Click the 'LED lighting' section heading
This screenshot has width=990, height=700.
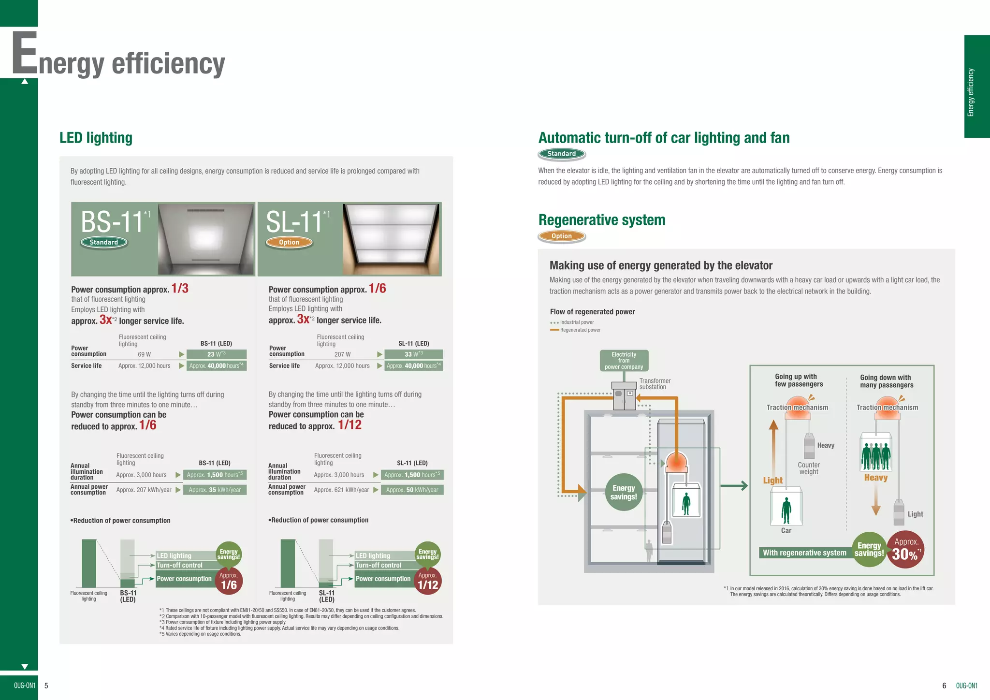96,138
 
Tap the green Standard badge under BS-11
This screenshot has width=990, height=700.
103,242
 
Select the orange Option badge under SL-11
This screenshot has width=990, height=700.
289,242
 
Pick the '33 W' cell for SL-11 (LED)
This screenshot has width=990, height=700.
413,354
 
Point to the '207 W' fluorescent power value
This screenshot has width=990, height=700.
342,354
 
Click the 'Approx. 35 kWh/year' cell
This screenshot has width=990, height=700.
215,490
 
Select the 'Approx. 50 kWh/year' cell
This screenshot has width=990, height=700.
412,490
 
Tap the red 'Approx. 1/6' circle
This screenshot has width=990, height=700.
229,581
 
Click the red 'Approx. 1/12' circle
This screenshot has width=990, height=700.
427,581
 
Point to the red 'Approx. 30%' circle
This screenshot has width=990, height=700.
905,550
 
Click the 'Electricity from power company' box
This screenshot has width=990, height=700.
624,361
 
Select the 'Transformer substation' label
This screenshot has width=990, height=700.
655,384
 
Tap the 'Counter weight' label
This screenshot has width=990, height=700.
809,468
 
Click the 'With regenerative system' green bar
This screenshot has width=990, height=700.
804,553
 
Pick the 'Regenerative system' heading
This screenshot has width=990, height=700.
602,220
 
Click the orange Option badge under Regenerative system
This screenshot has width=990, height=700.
561,236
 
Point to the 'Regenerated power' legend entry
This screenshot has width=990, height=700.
580,330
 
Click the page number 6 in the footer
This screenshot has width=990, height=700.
944,685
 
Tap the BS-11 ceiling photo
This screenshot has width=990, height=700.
206,239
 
